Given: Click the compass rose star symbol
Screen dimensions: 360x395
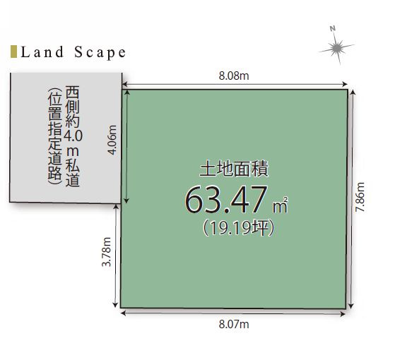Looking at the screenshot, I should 336,49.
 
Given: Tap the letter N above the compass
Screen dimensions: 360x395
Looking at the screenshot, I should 331,29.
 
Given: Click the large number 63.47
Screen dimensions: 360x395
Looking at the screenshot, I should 225,200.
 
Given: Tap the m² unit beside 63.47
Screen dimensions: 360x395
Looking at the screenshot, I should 282,206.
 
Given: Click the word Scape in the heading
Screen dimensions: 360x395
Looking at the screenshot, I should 100,52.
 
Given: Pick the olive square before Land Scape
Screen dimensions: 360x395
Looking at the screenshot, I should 14,52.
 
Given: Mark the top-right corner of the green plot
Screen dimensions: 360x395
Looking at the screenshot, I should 348,89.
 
